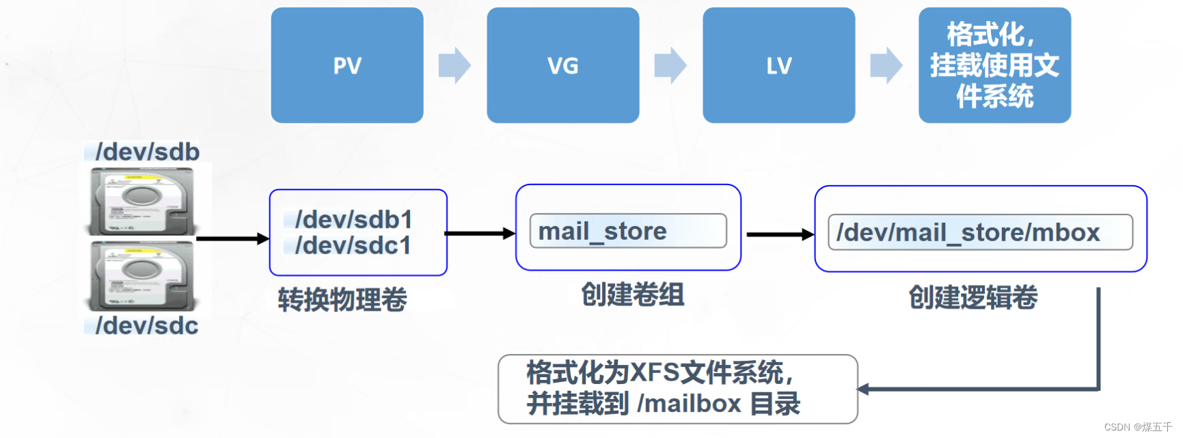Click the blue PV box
click(347, 66)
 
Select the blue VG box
click(562, 66)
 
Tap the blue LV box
click(778, 66)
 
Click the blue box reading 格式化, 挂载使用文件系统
click(994, 66)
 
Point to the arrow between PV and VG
click(454, 66)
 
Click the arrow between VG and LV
click(670, 66)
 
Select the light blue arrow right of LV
click(886, 66)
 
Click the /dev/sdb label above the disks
click(147, 152)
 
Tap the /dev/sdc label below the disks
click(146, 325)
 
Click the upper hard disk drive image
click(143, 202)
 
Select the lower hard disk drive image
click(143, 277)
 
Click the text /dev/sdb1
click(353, 219)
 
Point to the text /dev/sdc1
click(353, 245)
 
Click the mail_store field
click(628, 231)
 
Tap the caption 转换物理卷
click(342, 299)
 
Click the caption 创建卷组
click(632, 295)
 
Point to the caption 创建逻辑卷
click(973, 297)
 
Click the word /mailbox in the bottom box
click(689, 404)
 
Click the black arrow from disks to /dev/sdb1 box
click(232, 238)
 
